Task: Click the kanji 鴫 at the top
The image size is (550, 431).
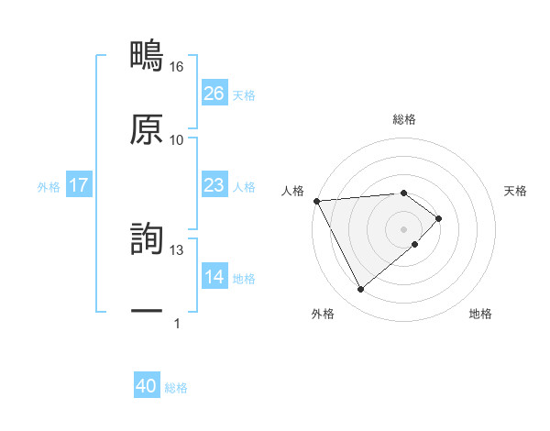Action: (147, 56)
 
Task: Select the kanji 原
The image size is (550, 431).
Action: (147, 129)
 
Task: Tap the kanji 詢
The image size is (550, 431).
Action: (147, 239)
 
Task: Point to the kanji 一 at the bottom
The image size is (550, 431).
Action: (147, 312)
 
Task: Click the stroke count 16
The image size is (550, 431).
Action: (177, 67)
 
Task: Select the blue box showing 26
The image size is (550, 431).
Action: (214, 94)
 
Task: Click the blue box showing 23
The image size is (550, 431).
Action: (214, 185)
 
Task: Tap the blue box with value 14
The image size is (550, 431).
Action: (214, 277)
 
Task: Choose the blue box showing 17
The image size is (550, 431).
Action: (79, 185)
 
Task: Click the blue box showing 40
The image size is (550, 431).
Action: (147, 387)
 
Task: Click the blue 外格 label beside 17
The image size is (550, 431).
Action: (49, 186)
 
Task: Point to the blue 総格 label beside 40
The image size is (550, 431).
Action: (176, 388)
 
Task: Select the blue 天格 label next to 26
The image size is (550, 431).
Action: (244, 94)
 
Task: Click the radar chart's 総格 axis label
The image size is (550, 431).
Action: (404, 119)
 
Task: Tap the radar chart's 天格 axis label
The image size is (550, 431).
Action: (516, 191)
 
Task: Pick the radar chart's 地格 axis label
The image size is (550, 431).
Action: (480, 314)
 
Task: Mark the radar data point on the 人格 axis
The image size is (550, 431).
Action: (316, 201)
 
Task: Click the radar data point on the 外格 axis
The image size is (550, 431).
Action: (360, 290)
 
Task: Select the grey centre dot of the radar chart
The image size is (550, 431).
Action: (404, 228)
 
